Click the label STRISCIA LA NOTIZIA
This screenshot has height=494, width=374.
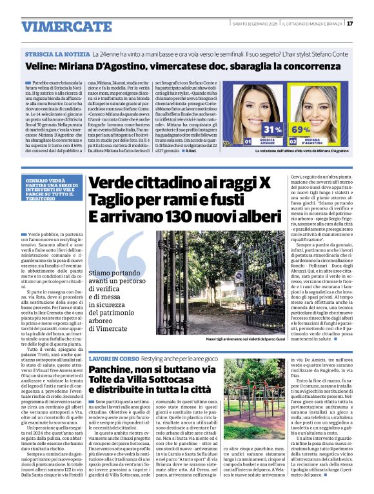pos(57,54)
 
